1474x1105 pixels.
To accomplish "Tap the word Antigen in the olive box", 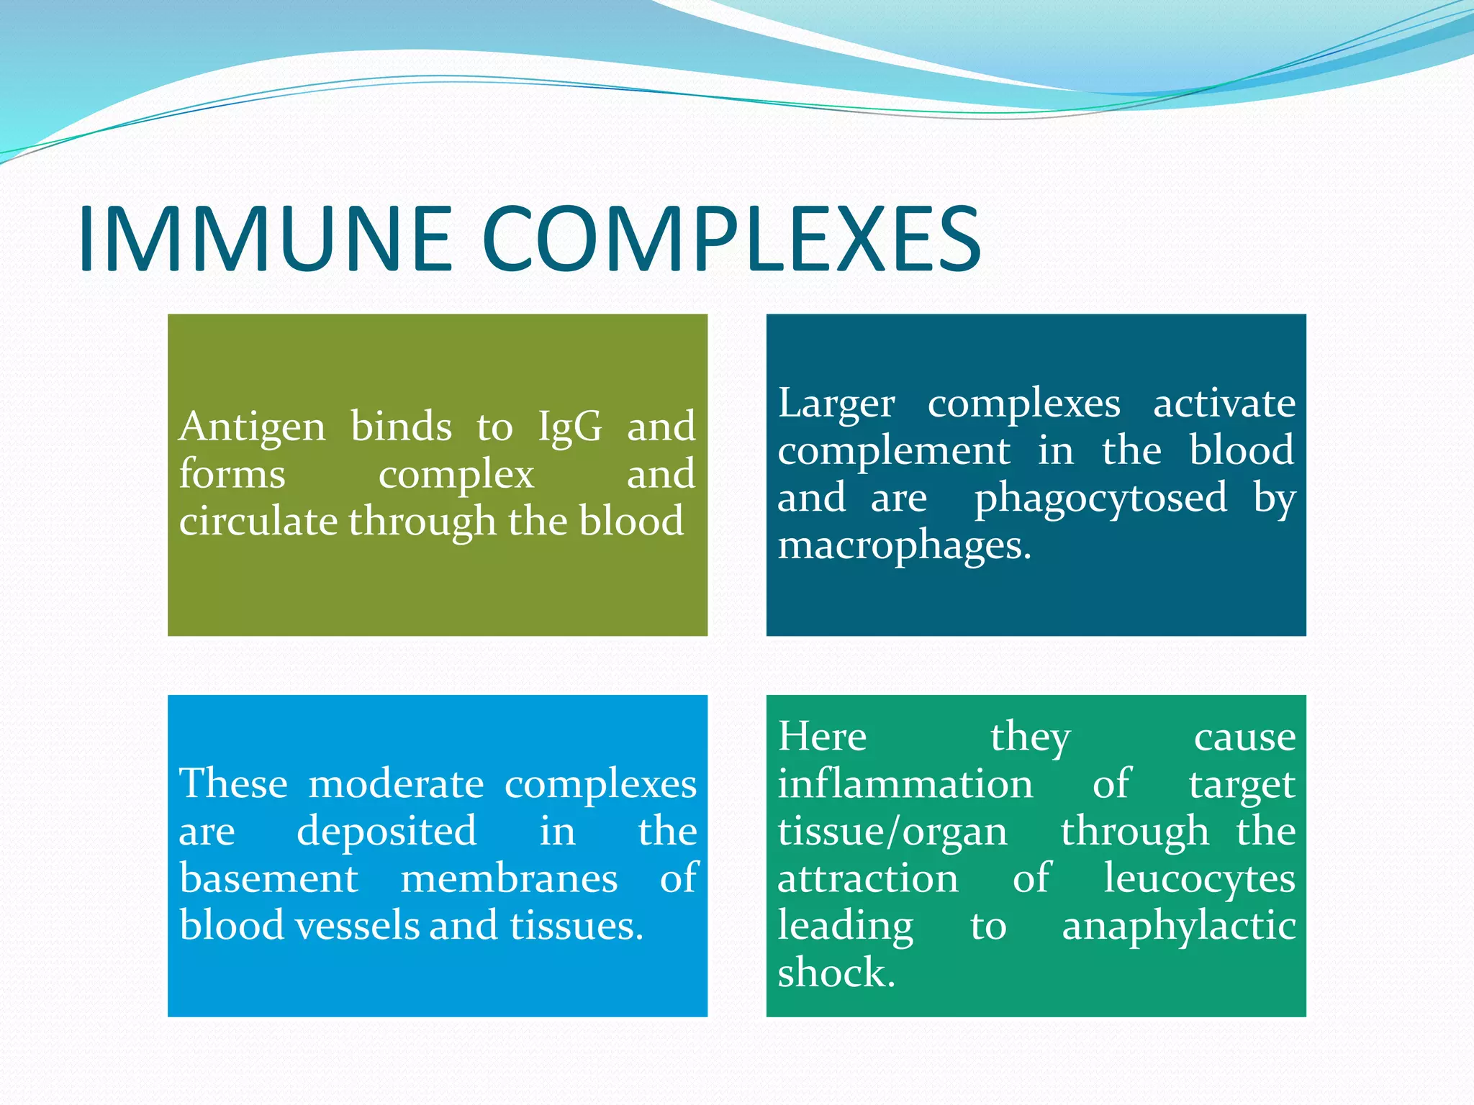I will point(252,427).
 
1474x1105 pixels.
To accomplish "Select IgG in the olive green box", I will point(570,427).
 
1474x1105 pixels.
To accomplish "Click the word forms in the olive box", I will point(232,475).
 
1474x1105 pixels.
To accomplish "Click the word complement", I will point(893,452).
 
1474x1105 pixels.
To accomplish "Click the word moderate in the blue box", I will point(396,784).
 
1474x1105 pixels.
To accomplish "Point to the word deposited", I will point(386,832).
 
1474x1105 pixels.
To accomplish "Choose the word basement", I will point(268,879).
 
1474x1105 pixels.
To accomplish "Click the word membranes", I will point(509,879).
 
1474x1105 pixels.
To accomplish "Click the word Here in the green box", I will point(822,737).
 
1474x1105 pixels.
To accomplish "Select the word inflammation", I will point(905,784).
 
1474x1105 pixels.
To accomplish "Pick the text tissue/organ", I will point(892,832).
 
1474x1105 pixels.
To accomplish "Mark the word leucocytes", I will point(1199,879).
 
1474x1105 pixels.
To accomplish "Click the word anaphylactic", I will point(1178,926).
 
